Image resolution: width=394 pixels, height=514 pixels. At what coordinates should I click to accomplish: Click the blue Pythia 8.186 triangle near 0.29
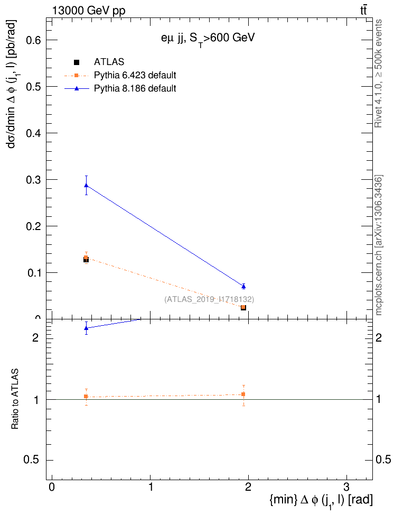click(86, 185)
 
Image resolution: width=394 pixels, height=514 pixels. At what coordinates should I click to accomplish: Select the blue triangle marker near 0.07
click(243, 286)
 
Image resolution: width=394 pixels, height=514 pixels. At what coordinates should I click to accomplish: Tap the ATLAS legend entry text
click(109, 62)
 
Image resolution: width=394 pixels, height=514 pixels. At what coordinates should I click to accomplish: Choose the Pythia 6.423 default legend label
click(135, 75)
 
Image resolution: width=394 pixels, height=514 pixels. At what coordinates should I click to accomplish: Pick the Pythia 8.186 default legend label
click(135, 88)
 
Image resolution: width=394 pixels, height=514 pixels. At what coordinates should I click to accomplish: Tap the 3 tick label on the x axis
click(346, 487)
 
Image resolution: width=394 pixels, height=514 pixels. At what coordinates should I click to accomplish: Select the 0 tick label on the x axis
click(51, 487)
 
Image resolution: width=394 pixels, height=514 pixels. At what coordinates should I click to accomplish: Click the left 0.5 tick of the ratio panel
click(33, 460)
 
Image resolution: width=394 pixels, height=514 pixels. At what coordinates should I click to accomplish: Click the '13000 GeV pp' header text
click(89, 11)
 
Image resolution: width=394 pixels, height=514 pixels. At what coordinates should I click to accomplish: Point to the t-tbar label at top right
click(363, 10)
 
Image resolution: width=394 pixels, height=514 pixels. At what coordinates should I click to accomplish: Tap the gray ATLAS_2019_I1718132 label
click(209, 299)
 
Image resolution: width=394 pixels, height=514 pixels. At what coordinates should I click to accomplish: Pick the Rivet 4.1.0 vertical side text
click(378, 74)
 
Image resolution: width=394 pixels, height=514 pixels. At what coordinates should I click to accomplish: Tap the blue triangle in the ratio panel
click(86, 328)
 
